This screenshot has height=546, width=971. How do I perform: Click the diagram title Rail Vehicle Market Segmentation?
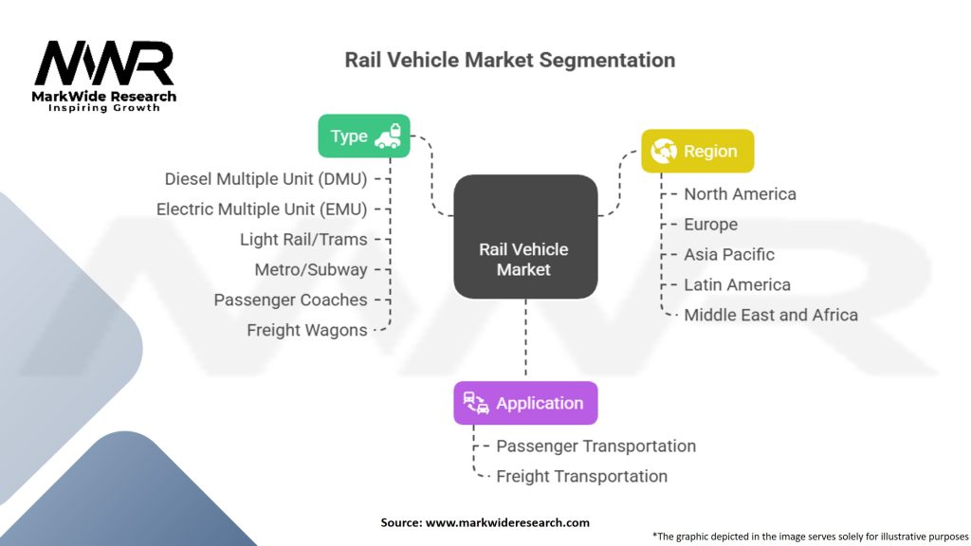click(x=509, y=60)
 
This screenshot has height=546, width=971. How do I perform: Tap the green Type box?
click(x=363, y=136)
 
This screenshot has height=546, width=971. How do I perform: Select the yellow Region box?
click(x=697, y=151)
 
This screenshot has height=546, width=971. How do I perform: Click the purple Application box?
click(x=525, y=403)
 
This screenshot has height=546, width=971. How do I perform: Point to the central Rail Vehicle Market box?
click(x=524, y=259)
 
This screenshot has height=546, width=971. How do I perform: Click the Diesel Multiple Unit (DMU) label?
click(x=266, y=178)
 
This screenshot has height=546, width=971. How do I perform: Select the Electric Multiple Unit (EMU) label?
click(x=262, y=209)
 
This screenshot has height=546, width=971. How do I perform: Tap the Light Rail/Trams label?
click(x=303, y=239)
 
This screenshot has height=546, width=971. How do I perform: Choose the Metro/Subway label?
click(x=311, y=269)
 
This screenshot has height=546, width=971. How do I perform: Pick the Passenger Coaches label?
click(x=290, y=300)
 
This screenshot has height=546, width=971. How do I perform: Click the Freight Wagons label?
click(x=307, y=330)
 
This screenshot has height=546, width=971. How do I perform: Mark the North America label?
click(x=740, y=193)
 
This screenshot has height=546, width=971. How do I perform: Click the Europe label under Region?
click(x=710, y=224)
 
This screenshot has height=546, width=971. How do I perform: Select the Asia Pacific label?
click(x=729, y=254)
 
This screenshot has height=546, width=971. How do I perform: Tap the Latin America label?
click(x=737, y=284)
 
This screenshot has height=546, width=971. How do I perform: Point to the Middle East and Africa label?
click(x=771, y=315)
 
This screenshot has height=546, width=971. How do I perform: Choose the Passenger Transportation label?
click(x=595, y=446)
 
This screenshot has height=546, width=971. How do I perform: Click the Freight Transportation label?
click(x=581, y=476)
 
